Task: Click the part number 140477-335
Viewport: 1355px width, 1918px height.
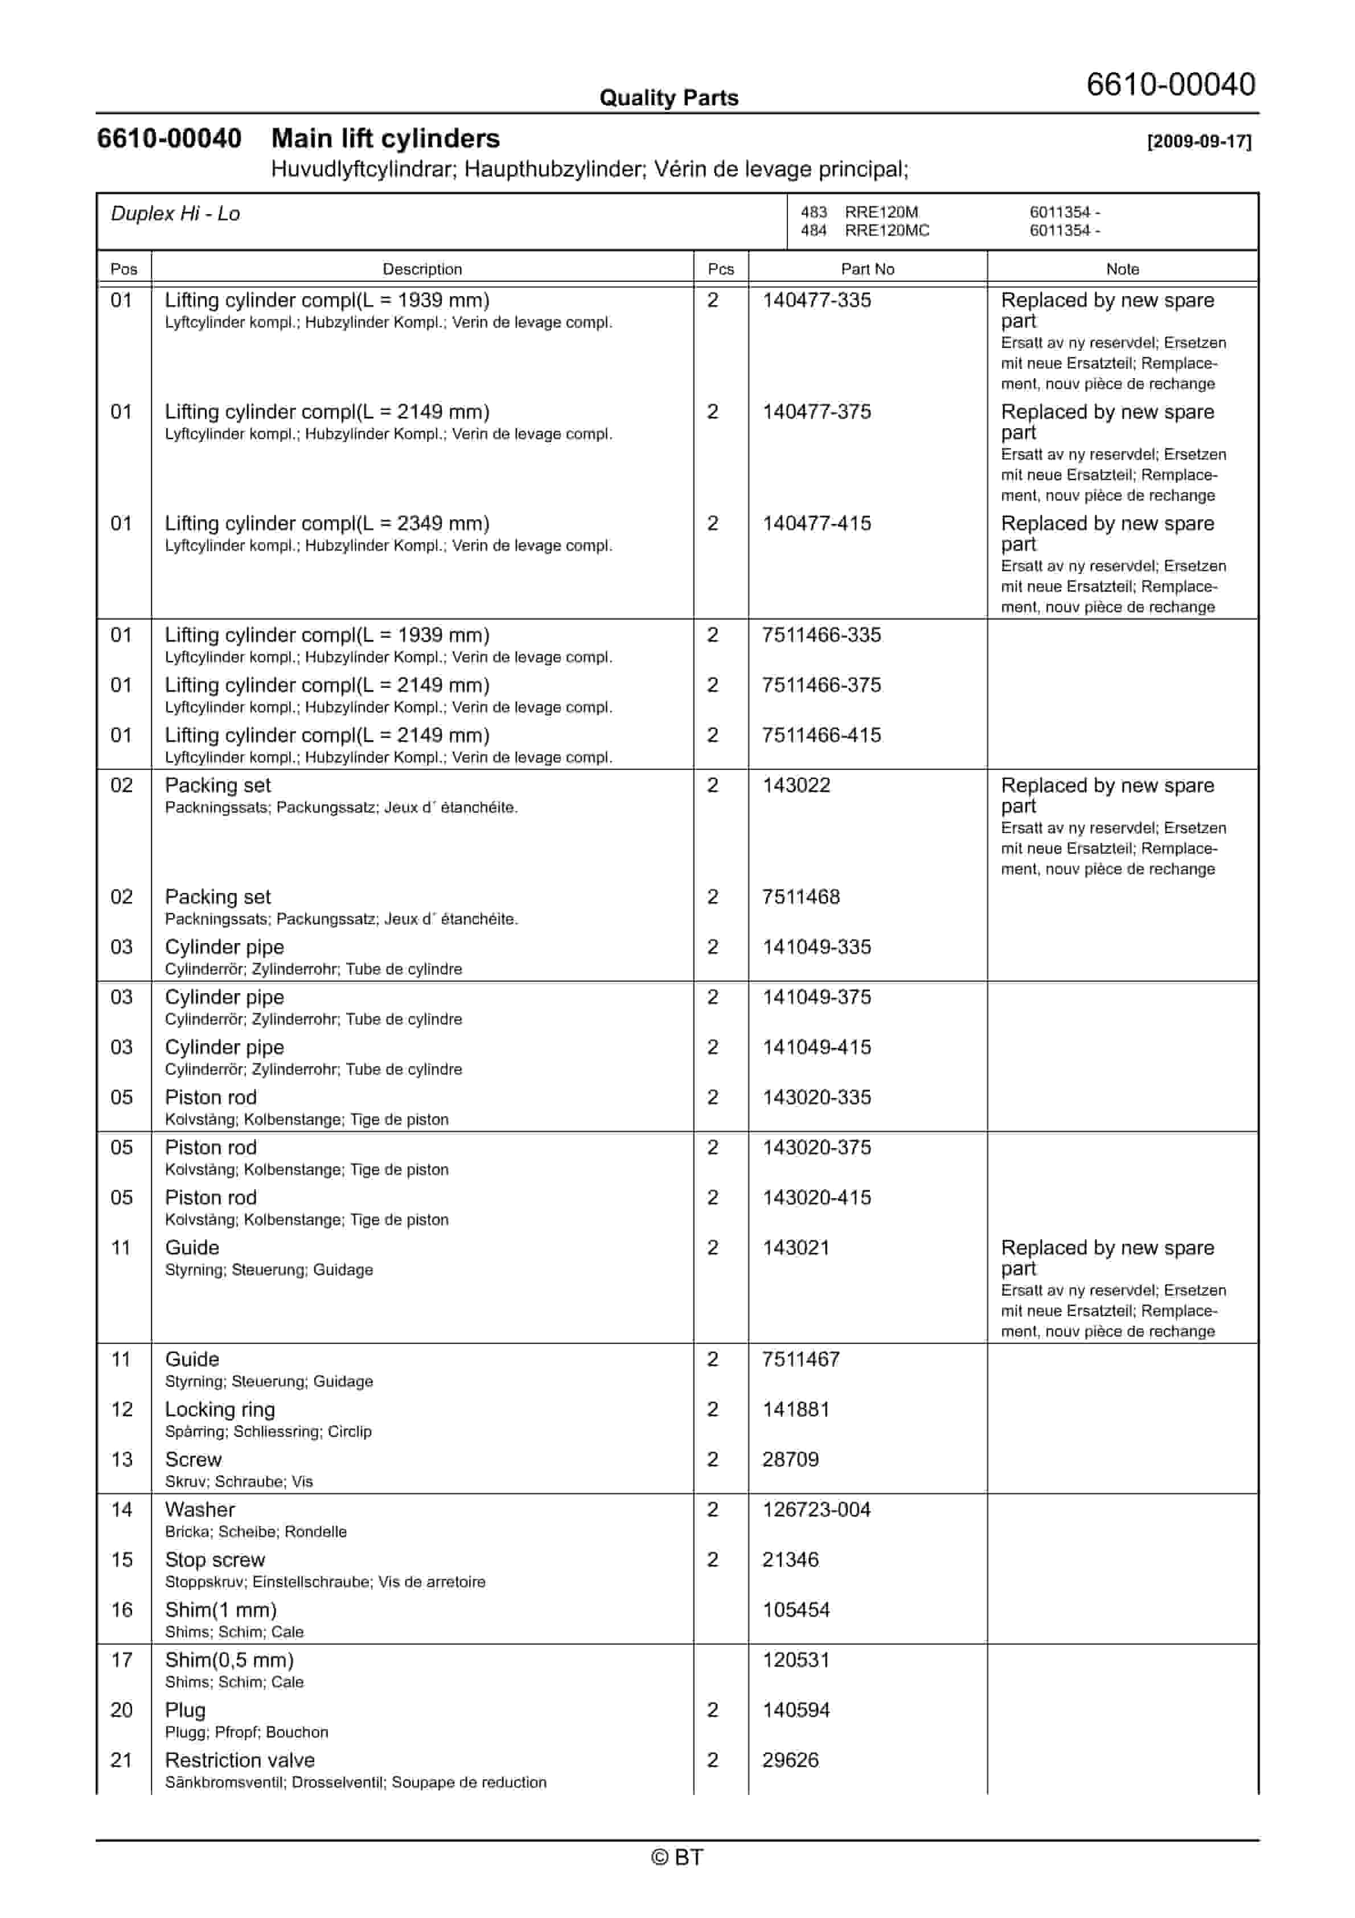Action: coord(816,300)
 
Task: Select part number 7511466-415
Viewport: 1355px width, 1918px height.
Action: coord(821,735)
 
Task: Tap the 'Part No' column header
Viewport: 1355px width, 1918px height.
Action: coord(867,269)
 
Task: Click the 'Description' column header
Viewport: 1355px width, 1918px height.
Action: coord(422,269)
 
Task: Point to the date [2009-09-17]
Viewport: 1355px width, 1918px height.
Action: coord(1199,141)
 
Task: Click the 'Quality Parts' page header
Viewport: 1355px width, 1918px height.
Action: coord(668,98)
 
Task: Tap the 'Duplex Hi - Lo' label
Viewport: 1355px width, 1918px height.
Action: coord(175,214)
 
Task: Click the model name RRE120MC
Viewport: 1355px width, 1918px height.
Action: coord(886,231)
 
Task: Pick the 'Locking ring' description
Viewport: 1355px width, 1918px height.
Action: coord(220,1409)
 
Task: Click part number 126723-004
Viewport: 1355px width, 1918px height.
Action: coord(816,1510)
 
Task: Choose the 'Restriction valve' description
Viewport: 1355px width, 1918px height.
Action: coord(240,1760)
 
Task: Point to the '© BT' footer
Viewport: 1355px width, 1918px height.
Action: coord(677,1857)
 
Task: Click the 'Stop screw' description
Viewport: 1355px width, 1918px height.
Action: coord(215,1560)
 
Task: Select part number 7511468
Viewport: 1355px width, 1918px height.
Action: coord(800,896)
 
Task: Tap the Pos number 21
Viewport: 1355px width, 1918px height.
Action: coord(121,1760)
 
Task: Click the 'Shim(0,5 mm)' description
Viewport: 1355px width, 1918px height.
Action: coord(229,1660)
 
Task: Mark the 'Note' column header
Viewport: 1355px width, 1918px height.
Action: coord(1122,269)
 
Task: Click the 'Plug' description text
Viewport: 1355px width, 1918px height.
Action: coord(184,1710)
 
